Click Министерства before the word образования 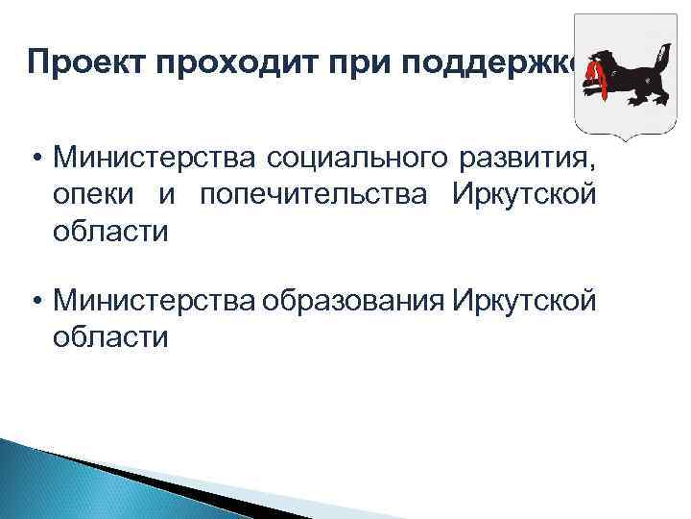coord(155,301)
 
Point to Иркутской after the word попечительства coord(523,195)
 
